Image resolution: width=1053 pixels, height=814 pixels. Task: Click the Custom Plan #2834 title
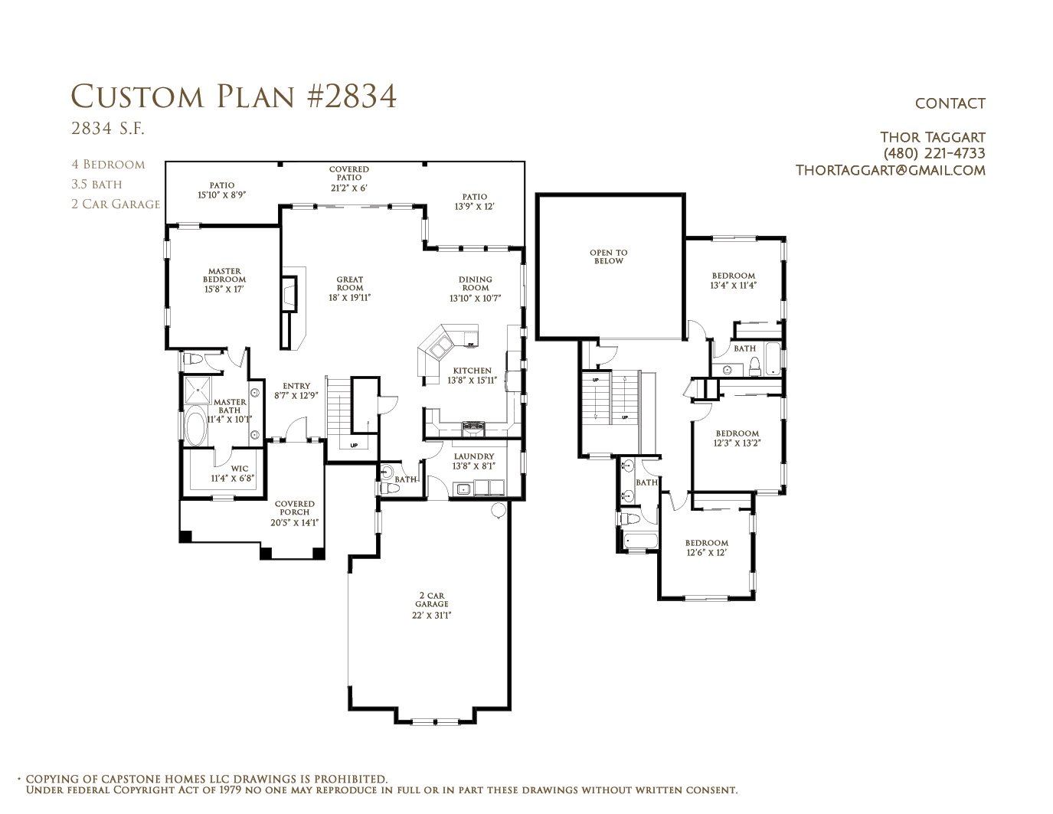coord(234,96)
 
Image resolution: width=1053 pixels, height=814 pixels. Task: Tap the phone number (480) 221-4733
coord(934,154)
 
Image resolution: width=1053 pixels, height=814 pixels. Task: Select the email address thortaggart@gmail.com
coord(890,171)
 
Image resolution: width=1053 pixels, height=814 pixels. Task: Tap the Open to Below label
coord(608,257)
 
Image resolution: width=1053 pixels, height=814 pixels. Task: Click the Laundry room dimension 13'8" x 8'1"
coord(473,466)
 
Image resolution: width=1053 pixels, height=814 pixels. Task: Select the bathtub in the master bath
coord(197,426)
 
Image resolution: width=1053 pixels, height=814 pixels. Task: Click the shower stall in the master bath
coord(198,390)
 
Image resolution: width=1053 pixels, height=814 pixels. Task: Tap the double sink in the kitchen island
coord(441,348)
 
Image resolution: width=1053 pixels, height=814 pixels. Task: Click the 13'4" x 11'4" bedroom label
coord(733,280)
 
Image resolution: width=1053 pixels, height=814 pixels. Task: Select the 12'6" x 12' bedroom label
coord(707,548)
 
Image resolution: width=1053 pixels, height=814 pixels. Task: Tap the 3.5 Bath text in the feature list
coord(96,184)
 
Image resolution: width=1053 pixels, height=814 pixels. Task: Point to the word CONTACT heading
coord(950,103)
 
